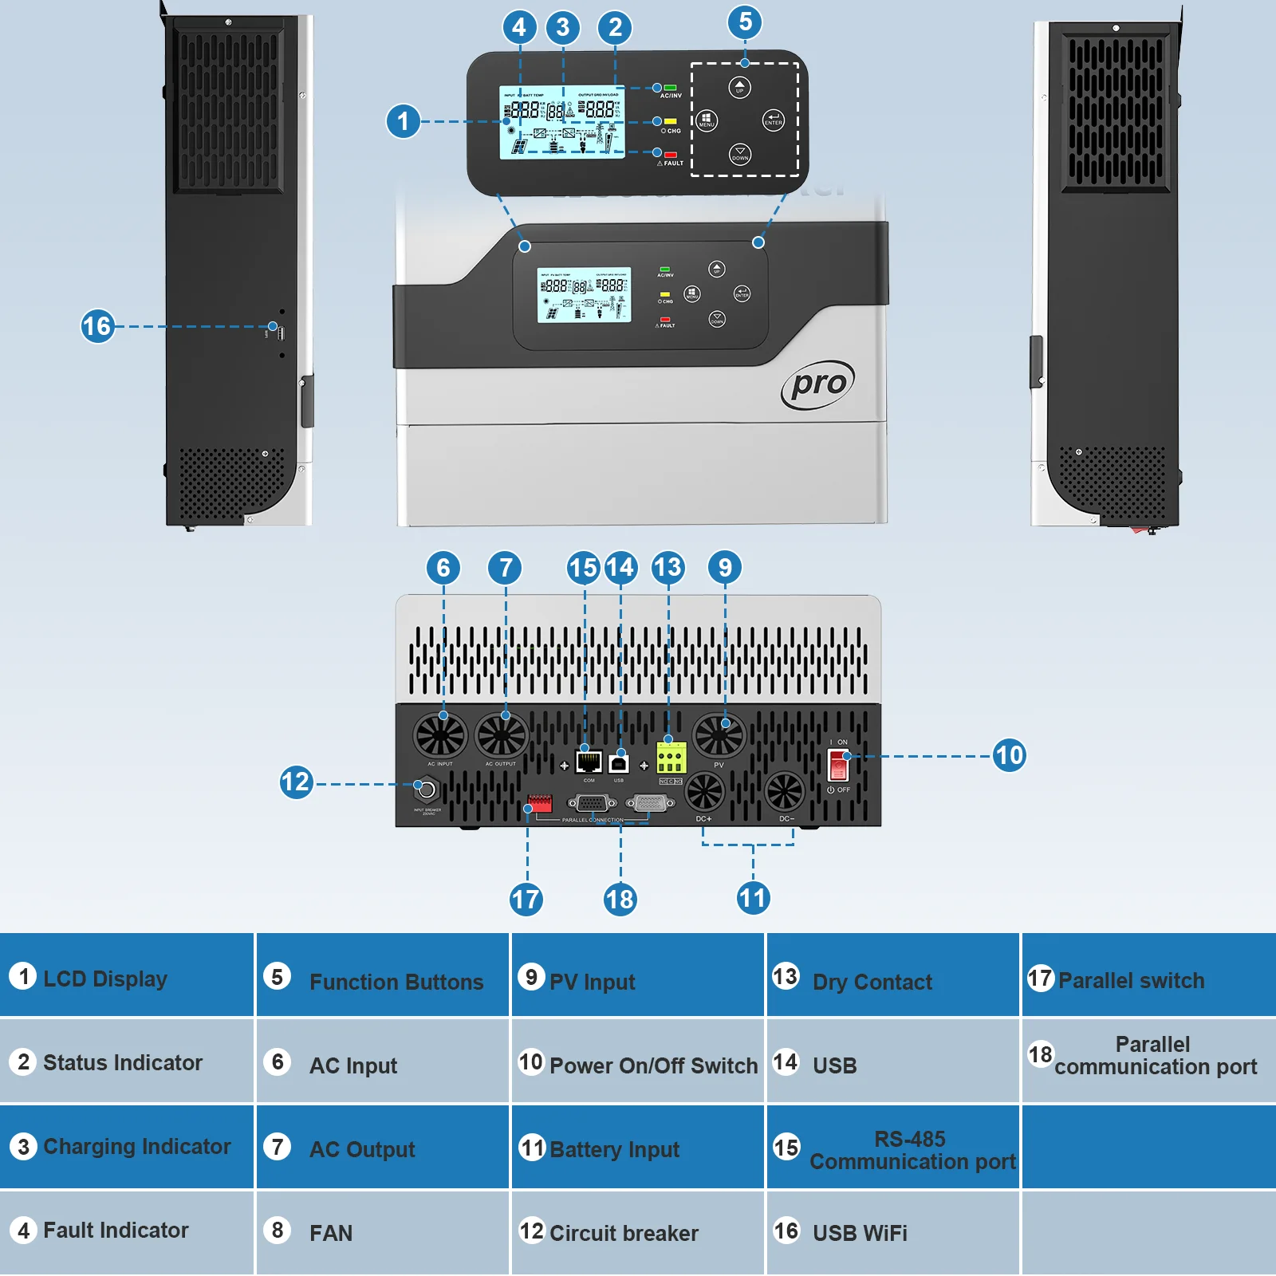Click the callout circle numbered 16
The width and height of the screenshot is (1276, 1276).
click(97, 326)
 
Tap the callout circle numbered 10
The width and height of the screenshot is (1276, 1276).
click(1009, 755)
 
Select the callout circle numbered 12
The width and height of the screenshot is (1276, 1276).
click(295, 782)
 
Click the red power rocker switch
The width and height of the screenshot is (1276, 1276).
click(838, 766)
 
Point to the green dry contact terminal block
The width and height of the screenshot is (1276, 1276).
click(671, 758)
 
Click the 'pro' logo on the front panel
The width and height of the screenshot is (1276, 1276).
click(817, 384)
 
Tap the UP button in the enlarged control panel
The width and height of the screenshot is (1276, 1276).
click(740, 87)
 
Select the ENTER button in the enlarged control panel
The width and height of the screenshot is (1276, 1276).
click(773, 120)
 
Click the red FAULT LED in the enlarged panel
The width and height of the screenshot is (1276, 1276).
click(671, 155)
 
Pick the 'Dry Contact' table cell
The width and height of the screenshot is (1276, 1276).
click(892, 975)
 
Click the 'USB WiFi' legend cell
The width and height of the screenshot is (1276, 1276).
click(892, 1232)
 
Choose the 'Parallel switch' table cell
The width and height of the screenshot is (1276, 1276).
click(1148, 975)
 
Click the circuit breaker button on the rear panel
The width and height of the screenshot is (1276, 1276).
click(427, 790)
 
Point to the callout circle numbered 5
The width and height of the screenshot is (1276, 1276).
click(745, 22)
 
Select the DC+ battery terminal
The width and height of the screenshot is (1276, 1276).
click(705, 792)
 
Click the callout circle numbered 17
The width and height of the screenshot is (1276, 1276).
click(526, 900)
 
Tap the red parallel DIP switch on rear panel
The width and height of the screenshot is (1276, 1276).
click(540, 803)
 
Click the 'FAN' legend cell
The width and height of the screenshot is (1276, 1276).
click(382, 1232)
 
